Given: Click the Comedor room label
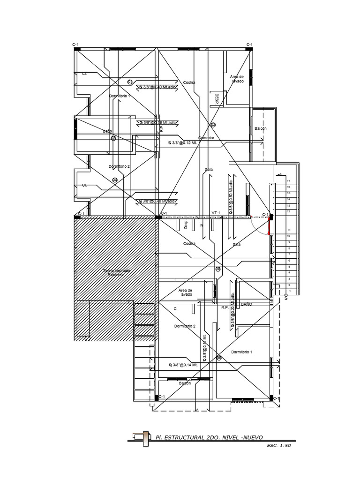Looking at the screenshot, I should pyautogui.click(x=206, y=138).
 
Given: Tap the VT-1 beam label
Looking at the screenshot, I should pyautogui.click(x=216, y=213).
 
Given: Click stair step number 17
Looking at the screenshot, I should pyautogui.click(x=289, y=181).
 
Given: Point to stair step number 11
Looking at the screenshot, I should pyautogui.click(x=289, y=229).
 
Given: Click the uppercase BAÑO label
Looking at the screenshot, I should pyautogui.click(x=247, y=304).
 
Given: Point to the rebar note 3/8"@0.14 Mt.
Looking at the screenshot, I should pyautogui.click(x=183, y=365).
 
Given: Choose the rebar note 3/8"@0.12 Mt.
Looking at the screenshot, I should pyautogui.click(x=185, y=143).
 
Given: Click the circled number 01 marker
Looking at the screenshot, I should pyautogui.click(x=130, y=82).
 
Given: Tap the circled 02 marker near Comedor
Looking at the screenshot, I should pyautogui.click(x=213, y=125).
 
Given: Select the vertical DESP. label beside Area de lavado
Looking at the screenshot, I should pyautogui.click(x=217, y=98).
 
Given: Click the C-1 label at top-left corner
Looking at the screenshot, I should pyautogui.click(x=75, y=44).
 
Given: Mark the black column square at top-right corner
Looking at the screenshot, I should pyautogui.click(x=250, y=48).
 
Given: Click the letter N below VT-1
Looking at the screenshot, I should pyautogui.click(x=201, y=225).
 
